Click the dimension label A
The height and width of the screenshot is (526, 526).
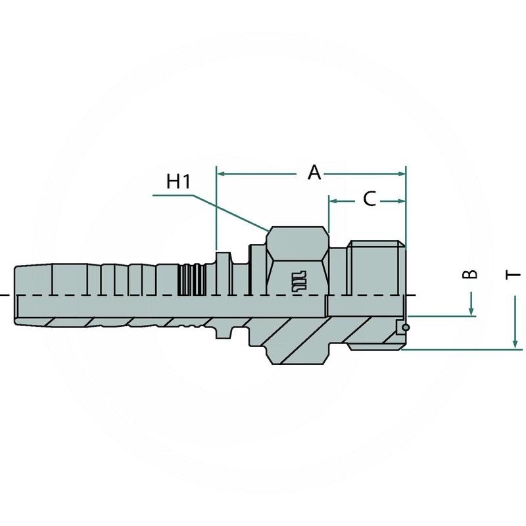click(x=315, y=173)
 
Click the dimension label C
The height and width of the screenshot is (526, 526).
click(x=370, y=199)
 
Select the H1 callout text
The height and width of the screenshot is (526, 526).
click(x=178, y=182)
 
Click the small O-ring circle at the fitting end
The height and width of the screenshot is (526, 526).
click(x=407, y=327)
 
